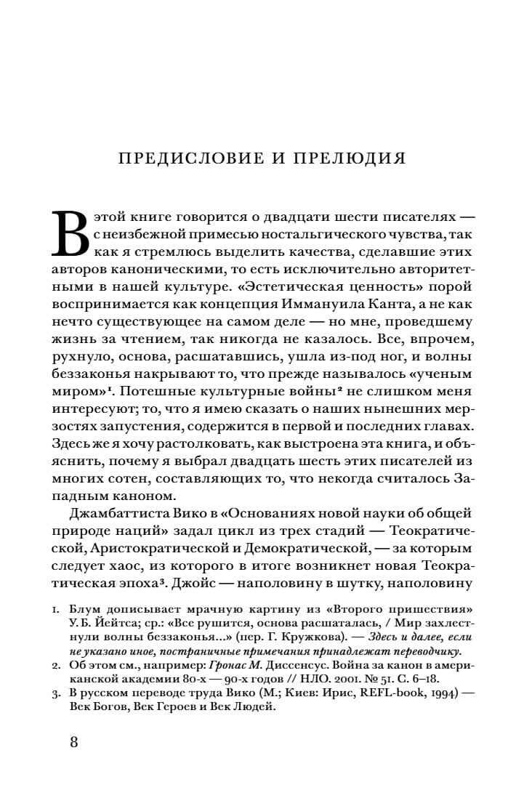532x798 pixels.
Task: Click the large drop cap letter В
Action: [72, 233]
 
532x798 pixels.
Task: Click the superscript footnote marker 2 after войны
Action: [330, 390]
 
